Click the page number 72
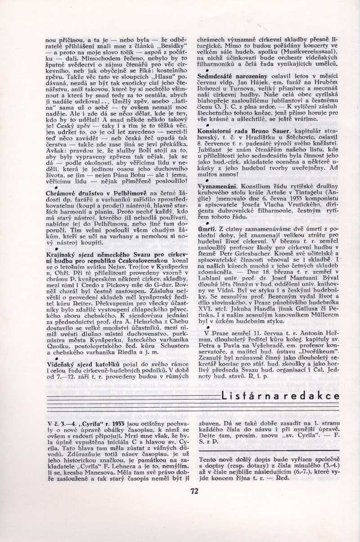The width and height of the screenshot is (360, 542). click(194, 491)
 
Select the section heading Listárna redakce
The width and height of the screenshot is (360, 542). click(281, 396)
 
